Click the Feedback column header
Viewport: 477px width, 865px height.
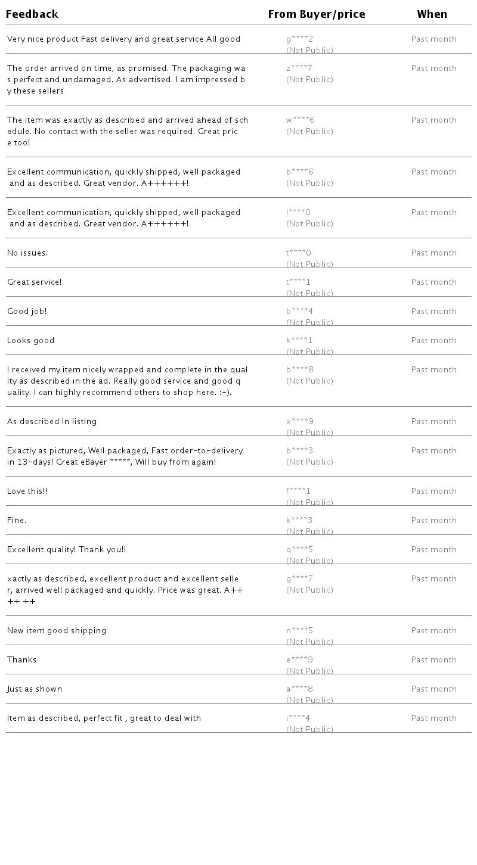[32, 14]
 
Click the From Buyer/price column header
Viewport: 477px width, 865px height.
[317, 14]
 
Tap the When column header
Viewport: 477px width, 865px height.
[432, 14]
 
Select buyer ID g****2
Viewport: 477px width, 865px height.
[299, 39]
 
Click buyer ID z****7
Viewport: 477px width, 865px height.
[299, 69]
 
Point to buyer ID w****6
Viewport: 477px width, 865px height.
[300, 120]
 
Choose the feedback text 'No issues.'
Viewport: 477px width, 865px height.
[27, 253]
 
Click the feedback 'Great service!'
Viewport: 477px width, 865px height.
[35, 282]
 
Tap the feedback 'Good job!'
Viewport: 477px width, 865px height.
[27, 312]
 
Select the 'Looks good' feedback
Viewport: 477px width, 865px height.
[31, 341]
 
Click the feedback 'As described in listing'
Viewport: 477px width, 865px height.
[52, 422]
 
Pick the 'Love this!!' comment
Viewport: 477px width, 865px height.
[27, 491]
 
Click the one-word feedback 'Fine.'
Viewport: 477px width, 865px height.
[17, 521]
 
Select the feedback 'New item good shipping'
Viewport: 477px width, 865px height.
[57, 631]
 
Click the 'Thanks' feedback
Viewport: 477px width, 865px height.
[22, 660]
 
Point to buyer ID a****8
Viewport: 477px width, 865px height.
[299, 689]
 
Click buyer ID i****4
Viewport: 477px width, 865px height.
[298, 718]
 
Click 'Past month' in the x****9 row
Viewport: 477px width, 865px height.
[434, 422]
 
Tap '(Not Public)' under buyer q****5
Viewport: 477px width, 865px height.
[309, 561]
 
